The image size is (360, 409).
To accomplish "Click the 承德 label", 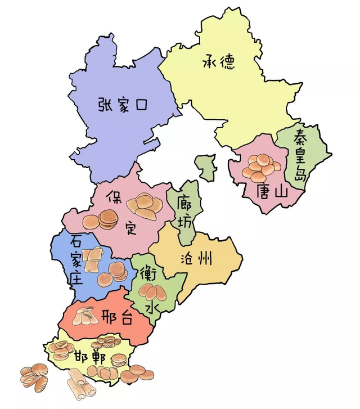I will point(218,61).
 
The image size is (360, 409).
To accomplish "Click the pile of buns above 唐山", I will point(262,167).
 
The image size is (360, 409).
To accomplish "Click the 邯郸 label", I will point(89,356).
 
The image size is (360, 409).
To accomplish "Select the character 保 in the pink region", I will point(115,197).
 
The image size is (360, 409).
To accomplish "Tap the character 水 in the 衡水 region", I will point(151,307).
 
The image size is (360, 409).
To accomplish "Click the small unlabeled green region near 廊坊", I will point(206,168).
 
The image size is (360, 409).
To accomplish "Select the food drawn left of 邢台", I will point(85,316).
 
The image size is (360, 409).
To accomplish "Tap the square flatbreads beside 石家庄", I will point(93,257).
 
